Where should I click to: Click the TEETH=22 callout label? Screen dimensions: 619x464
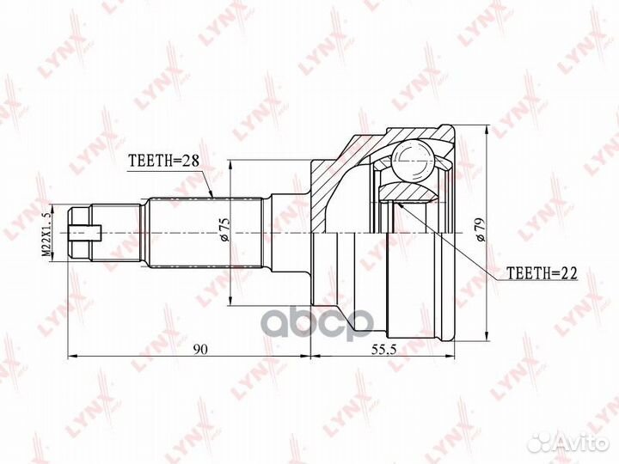point(542,272)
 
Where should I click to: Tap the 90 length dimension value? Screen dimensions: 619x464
point(201,349)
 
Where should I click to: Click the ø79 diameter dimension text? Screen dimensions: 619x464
point(481,229)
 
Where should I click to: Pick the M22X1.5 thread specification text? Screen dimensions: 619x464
point(47,234)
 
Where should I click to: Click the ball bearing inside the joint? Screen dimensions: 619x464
point(413,161)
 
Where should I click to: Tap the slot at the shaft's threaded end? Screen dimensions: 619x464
point(85,233)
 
